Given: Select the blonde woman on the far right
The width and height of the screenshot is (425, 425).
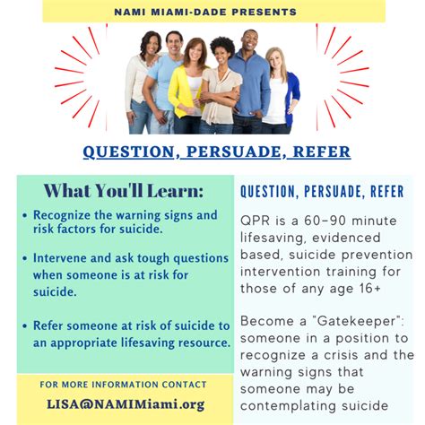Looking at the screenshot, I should pos(274,90).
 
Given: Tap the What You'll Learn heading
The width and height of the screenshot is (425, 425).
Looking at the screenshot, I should pos(123,191).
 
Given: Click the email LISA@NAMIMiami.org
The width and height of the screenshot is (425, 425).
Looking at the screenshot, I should pos(123,403).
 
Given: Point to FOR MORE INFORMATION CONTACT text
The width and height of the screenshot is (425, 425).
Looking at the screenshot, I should pos(123,384).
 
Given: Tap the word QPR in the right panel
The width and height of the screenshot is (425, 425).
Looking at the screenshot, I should pos(256,221).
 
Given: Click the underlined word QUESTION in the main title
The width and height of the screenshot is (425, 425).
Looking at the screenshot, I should pos(129,152).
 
